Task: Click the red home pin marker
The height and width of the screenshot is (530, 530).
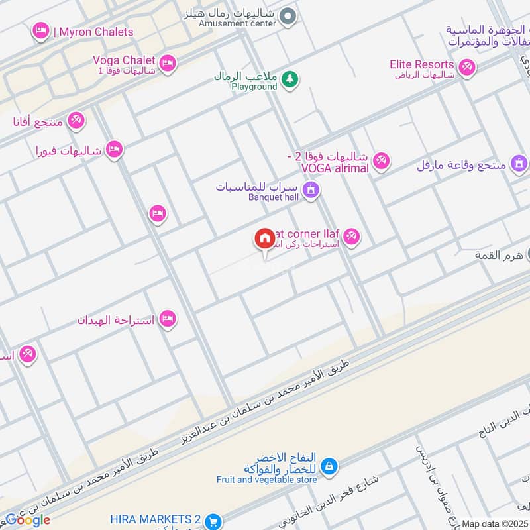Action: tap(265, 239)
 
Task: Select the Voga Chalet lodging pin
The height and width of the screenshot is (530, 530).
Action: tap(168, 63)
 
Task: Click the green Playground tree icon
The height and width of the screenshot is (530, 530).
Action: tap(290, 80)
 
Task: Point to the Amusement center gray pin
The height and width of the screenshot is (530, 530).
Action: tap(287, 17)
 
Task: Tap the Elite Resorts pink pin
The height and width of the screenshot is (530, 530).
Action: tap(467, 67)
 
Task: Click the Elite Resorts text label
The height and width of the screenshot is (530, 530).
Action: tap(422, 64)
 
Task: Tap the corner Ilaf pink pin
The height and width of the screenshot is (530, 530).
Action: tap(351, 237)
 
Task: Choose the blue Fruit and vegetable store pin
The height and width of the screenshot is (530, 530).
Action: tap(329, 467)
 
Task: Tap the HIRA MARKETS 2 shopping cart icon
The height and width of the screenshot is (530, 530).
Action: tap(213, 521)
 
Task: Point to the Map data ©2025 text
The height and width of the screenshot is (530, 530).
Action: tap(494, 523)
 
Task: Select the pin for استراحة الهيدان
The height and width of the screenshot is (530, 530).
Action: tap(168, 319)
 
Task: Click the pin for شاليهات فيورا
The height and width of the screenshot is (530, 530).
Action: tap(114, 149)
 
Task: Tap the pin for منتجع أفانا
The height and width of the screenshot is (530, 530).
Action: tap(76, 119)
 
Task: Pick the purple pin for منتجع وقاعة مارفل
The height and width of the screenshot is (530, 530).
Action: tap(519, 162)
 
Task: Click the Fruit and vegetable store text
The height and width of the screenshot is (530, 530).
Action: tap(266, 480)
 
